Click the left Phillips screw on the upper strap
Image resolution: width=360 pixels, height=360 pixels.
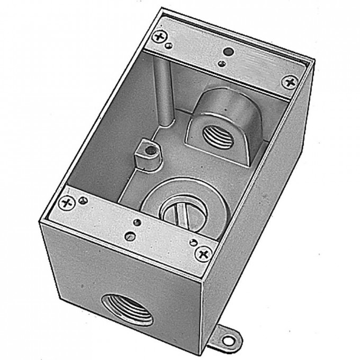[159, 37]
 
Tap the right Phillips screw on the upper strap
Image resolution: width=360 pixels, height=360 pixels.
[289, 83]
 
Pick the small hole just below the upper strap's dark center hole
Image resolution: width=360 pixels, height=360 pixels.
[221, 65]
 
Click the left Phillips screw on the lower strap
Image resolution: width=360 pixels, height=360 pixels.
[66, 202]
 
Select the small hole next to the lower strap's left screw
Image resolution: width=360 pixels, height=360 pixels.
[83, 200]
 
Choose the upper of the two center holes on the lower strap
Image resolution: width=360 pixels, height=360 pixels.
[137, 222]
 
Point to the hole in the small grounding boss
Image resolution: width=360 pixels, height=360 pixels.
[152, 150]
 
